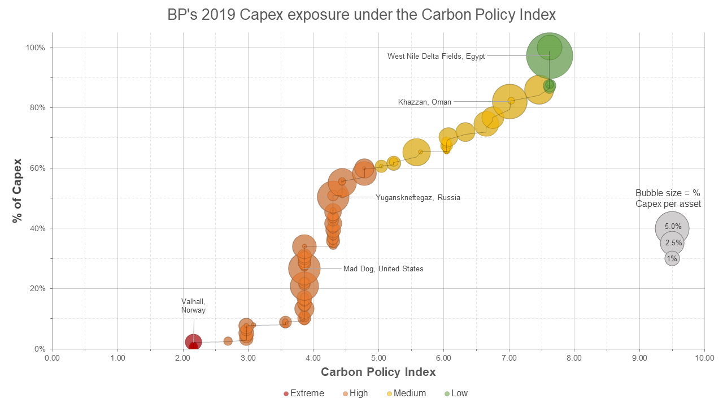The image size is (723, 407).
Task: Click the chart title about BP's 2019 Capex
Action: pyautogui.click(x=361, y=14)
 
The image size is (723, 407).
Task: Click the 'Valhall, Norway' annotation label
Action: pyautogui.click(x=193, y=305)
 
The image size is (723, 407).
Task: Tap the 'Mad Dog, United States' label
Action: pyautogui.click(x=383, y=269)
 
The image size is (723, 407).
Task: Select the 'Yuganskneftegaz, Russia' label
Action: pyautogui.click(x=417, y=198)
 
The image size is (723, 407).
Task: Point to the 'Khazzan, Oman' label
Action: pyautogui.click(x=425, y=102)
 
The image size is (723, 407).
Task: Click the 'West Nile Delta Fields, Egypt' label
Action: pyautogui.click(x=435, y=56)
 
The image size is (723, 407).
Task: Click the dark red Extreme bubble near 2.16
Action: pyautogui.click(x=193, y=341)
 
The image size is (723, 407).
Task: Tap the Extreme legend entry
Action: pyautogui.click(x=304, y=393)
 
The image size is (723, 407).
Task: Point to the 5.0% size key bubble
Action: pyautogui.click(x=672, y=227)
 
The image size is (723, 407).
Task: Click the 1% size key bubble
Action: pyautogui.click(x=672, y=259)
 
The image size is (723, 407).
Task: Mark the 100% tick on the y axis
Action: pyautogui.click(x=34, y=47)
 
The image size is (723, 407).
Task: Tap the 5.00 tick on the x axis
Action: pyautogui.click(x=378, y=358)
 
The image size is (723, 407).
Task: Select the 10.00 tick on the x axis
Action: pyautogui.click(x=704, y=358)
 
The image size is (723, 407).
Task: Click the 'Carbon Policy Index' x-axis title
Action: pyautogui.click(x=378, y=372)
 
